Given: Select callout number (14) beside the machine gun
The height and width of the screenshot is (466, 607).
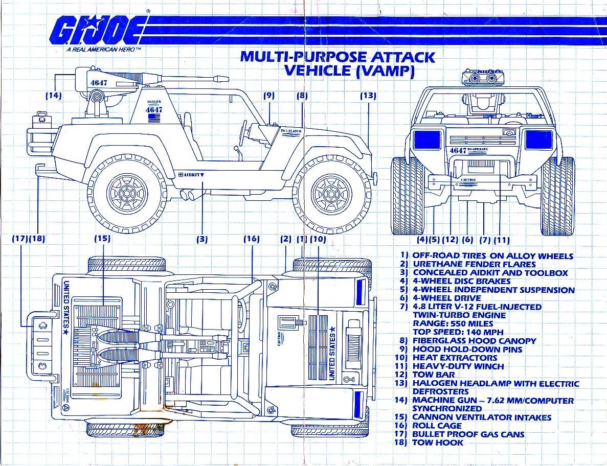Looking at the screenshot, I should pyautogui.click(x=54, y=95).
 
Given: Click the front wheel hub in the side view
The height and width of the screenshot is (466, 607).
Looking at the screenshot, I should pyautogui.click(x=333, y=190).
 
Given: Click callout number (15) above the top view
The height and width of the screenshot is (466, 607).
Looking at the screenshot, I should pyautogui.click(x=102, y=239).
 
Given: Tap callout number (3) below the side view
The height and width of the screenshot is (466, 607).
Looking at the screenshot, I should pyautogui.click(x=202, y=239).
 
